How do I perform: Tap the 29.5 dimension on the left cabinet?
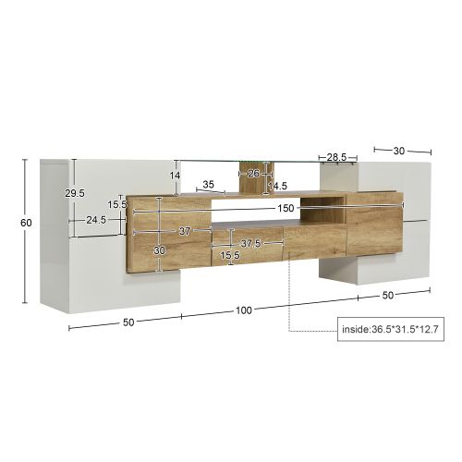coord(75,193)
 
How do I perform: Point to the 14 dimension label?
coord(174,176)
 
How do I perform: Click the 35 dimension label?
coord(208,185)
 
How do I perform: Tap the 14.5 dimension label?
coord(277,186)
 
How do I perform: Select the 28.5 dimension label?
coord(337,158)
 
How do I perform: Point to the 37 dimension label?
coord(185,231)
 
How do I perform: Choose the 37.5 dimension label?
coord(250,244)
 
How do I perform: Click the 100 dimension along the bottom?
coord(244,310)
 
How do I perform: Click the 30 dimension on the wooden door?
coord(159,250)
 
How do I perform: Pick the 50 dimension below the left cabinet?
coord(128,322)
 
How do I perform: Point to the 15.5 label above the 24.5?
coord(116,204)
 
